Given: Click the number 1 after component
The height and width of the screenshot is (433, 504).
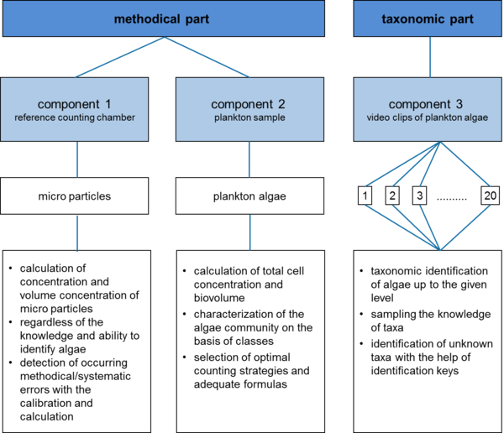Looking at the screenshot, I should [130, 104].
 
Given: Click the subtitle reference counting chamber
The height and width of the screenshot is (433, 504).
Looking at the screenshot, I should [75, 117].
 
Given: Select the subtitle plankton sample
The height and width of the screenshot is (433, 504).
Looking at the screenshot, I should [249, 117].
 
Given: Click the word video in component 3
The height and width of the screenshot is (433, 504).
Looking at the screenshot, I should [381, 117].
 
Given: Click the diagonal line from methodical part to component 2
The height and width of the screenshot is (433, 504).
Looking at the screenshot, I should [207, 58].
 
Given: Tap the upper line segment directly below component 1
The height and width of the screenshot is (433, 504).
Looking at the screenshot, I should [77, 159].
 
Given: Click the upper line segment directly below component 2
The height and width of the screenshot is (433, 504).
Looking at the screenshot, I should [249, 159].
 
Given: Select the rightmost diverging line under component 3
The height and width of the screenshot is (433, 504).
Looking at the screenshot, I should [465, 164].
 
